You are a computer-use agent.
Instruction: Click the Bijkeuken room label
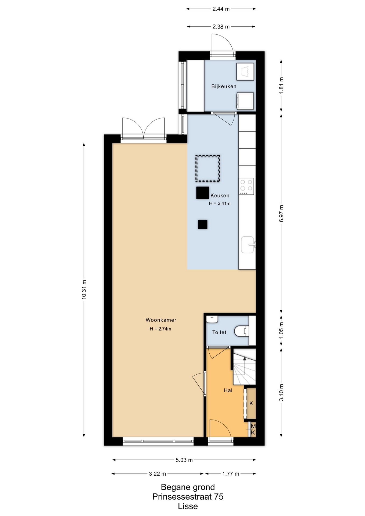pyautogui.click(x=224, y=86)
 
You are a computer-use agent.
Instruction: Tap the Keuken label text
pyautogui.click(x=220, y=195)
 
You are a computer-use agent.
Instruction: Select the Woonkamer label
pyautogui.click(x=161, y=320)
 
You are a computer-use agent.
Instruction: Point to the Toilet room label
pyautogui.click(x=219, y=332)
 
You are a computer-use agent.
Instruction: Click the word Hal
pyautogui.click(x=228, y=390)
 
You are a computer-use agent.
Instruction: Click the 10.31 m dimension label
pyautogui.click(x=84, y=289)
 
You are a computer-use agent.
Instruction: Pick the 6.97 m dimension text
pyautogui.click(x=281, y=214)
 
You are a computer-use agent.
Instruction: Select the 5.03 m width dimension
pyautogui.click(x=184, y=460)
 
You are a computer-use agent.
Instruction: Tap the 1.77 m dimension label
pyautogui.click(x=231, y=474)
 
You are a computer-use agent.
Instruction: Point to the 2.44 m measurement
pyautogui.click(x=221, y=9)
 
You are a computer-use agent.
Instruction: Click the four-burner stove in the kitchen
pyautogui.click(x=246, y=186)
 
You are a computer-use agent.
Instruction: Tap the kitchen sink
pyautogui.click(x=248, y=245)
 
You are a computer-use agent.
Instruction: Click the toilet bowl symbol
pyautogui.click(x=241, y=331)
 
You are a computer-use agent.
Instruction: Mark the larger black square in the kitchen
pyautogui.click(x=203, y=193)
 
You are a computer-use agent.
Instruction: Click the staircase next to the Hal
pyautogui.click(x=244, y=367)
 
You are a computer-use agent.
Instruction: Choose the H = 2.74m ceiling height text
pyautogui.click(x=160, y=328)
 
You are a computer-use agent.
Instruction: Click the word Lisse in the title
pyautogui.click(x=188, y=506)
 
